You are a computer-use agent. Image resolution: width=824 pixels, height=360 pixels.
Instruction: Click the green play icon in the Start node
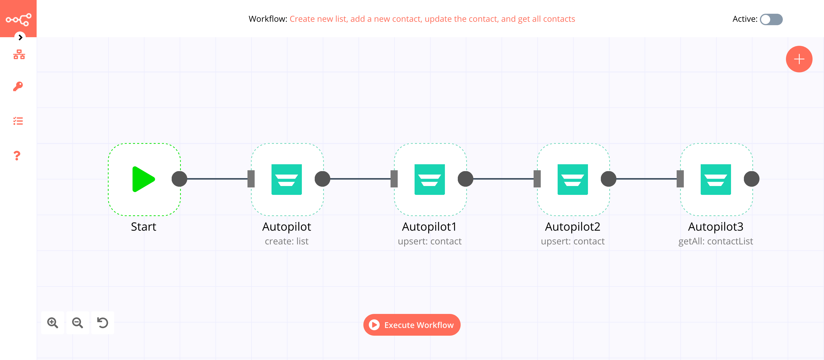pos(143,179)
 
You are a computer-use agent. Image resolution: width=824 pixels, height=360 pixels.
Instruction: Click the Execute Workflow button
pos(412,325)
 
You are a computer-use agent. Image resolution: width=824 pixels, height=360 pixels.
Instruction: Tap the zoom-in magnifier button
pos(52,323)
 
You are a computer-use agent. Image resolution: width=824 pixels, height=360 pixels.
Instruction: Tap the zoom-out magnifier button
pos(78,323)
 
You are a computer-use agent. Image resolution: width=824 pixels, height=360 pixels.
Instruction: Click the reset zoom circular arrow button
pos(102,323)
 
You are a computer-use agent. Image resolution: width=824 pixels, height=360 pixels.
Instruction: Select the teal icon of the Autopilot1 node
pos(429,179)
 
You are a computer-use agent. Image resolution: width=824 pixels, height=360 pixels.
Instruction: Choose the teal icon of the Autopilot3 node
pos(716,179)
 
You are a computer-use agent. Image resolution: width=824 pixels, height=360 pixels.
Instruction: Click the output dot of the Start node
pos(179,179)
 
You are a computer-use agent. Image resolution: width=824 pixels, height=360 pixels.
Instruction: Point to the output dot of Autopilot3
pos(751,179)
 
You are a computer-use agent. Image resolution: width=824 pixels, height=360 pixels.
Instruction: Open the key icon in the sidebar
pos(18,86)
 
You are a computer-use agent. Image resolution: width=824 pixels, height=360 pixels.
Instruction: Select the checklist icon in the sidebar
pos(18,121)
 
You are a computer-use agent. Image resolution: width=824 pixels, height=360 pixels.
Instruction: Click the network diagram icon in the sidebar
pos(19,54)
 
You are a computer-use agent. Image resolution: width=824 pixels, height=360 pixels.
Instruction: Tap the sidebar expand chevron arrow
pos(20,37)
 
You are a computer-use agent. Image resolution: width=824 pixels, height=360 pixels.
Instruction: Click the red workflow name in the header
pos(432,19)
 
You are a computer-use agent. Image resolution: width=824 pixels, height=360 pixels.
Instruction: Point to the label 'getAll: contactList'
pos(716,241)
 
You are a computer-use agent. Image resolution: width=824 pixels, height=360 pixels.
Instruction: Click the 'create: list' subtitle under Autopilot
pos(286,241)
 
